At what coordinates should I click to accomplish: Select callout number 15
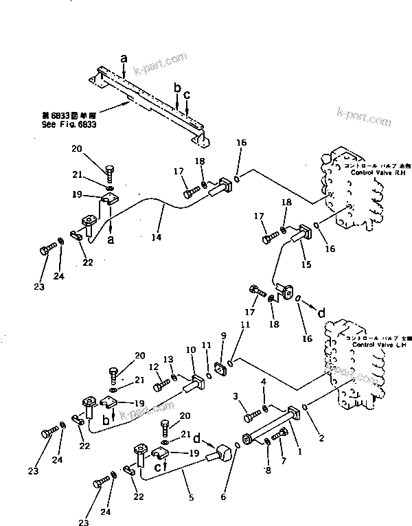tap(306, 264)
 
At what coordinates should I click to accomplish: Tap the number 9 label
tap(222, 336)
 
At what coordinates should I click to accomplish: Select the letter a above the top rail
tap(124, 60)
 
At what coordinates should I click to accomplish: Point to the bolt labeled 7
tap(282, 435)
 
